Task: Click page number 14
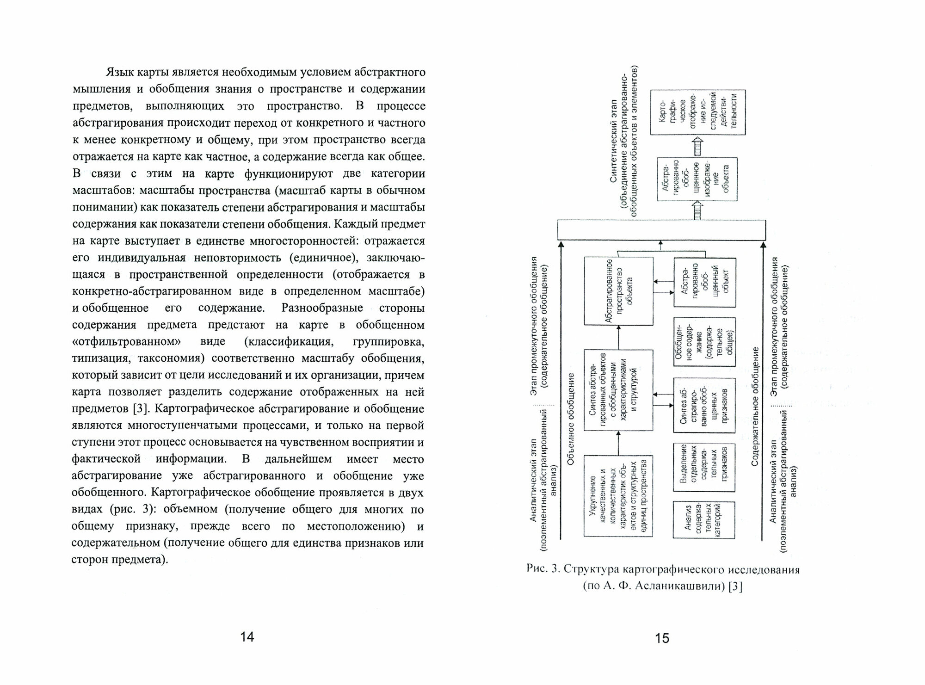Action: (x=247, y=637)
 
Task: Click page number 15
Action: (x=662, y=638)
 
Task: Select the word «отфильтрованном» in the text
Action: (x=126, y=342)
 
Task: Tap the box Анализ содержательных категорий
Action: (x=704, y=519)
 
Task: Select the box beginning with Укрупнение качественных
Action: (x=618, y=496)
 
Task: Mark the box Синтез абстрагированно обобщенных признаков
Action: (x=704, y=405)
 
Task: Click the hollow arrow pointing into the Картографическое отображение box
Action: (x=697, y=146)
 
